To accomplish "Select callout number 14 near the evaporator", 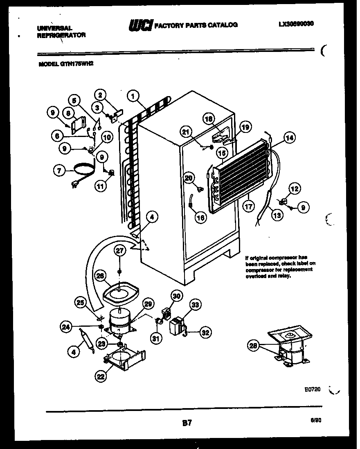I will (x=289, y=138).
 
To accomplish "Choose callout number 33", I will (x=196, y=305).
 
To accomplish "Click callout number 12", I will (x=295, y=189).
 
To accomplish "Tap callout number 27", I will (x=119, y=251).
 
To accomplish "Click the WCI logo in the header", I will (x=140, y=25).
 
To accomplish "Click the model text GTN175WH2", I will (x=63, y=64).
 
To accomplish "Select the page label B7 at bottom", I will (x=187, y=424).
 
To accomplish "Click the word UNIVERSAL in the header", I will (x=55, y=28).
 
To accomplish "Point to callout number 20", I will (x=188, y=178).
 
